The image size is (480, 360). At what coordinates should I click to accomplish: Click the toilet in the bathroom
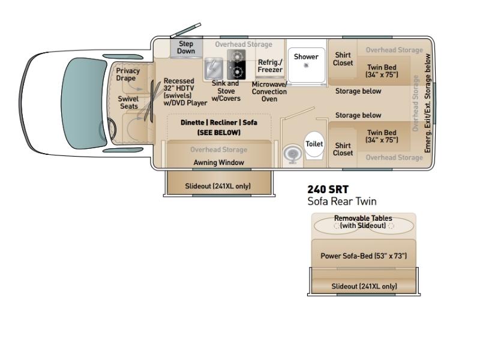(314, 145)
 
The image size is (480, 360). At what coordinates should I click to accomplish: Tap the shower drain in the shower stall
(306, 65)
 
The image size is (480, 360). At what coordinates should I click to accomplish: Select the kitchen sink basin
(214, 68)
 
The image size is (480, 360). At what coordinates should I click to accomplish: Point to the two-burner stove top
(236, 65)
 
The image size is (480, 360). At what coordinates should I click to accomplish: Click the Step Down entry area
(186, 47)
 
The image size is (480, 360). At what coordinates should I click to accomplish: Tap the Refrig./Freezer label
(270, 66)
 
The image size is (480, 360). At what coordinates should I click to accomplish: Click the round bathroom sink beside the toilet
(292, 154)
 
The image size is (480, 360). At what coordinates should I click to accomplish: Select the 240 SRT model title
(328, 189)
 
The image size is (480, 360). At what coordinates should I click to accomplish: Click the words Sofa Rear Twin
(342, 201)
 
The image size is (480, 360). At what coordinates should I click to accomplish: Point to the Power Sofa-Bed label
(364, 256)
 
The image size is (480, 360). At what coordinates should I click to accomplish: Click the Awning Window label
(218, 162)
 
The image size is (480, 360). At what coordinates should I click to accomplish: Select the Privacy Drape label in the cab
(128, 74)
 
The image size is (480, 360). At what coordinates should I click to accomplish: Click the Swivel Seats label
(128, 103)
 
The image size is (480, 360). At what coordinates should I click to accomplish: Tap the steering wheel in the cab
(109, 129)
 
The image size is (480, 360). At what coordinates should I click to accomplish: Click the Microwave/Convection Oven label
(269, 92)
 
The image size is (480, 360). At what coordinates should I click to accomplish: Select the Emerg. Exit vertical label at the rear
(427, 103)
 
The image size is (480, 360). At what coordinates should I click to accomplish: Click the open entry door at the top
(185, 30)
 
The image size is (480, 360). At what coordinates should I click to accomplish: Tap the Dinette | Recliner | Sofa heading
(219, 122)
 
